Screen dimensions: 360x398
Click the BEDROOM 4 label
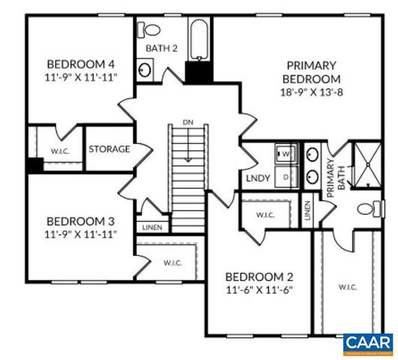(x=79, y=63)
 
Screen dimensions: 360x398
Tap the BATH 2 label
(x=161, y=49)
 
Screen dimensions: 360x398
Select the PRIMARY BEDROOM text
(x=310, y=71)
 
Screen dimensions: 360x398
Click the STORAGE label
(x=109, y=148)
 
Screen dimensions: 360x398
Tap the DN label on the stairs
(x=187, y=121)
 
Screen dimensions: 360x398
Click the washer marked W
(x=286, y=154)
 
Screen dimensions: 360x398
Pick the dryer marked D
(x=286, y=177)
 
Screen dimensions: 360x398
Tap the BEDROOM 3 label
(x=79, y=221)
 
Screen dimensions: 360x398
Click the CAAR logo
(x=368, y=343)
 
